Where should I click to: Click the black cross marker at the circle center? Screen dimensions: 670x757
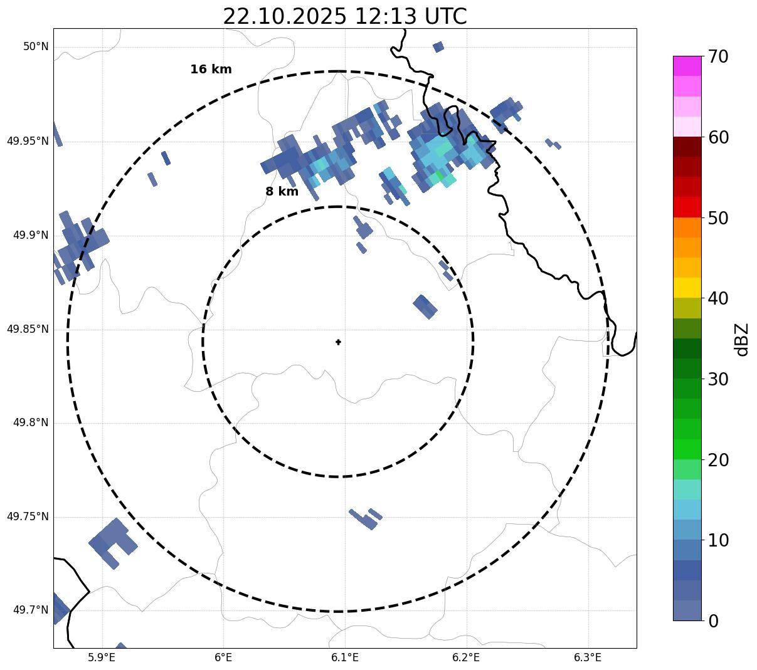pyautogui.click(x=338, y=342)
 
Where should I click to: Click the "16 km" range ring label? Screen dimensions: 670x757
pyautogui.click(x=211, y=70)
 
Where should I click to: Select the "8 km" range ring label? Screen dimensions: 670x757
pyautogui.click(x=282, y=192)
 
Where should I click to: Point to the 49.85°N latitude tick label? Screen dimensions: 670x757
pyautogui.click(x=28, y=329)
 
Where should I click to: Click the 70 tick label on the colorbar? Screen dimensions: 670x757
pyautogui.click(x=717, y=57)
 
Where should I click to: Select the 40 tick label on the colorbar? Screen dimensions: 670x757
pyautogui.click(x=717, y=298)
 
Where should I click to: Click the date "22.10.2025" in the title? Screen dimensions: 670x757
pyautogui.click(x=284, y=16)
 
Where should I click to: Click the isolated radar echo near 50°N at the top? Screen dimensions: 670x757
pyautogui.click(x=438, y=46)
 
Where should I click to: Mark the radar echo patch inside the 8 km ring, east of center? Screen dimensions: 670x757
pyautogui.click(x=425, y=306)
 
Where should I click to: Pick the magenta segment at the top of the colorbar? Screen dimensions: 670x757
pyautogui.click(x=687, y=66)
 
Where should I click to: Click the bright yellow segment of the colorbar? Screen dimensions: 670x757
pyautogui.click(x=687, y=288)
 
